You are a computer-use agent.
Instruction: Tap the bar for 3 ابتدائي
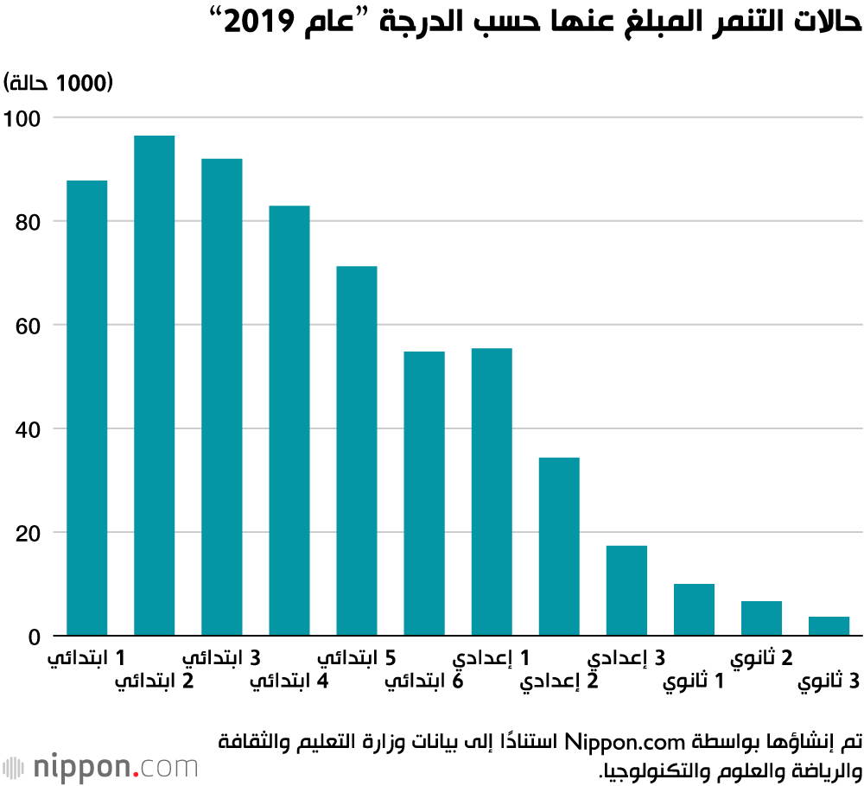tap(221, 397)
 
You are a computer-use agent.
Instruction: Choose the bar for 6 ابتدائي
tap(424, 493)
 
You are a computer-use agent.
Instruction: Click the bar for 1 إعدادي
tap(492, 491)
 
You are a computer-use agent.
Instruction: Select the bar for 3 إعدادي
tap(626, 591)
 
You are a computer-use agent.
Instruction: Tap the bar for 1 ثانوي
tap(694, 610)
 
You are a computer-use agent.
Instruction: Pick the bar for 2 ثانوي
tap(761, 618)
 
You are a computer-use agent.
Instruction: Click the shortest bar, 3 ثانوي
tap(829, 626)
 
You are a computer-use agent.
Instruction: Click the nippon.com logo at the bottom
tap(100, 766)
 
